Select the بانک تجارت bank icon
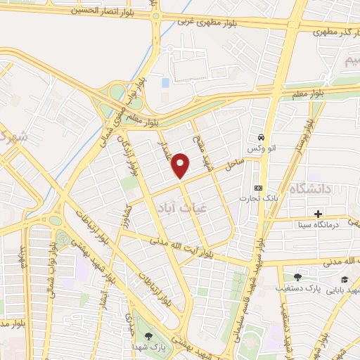pos(258,188)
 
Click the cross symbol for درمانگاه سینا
pos(318,213)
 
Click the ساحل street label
pos(233,165)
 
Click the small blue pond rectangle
pos(165,83)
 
